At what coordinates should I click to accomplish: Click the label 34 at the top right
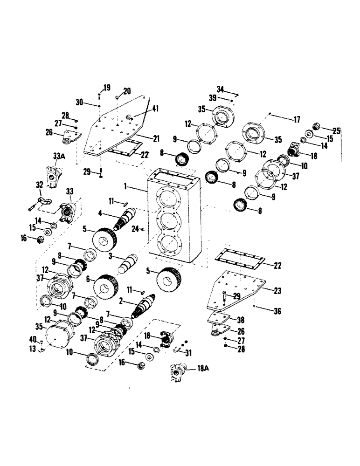click(221, 89)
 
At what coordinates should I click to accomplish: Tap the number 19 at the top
click(107, 88)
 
